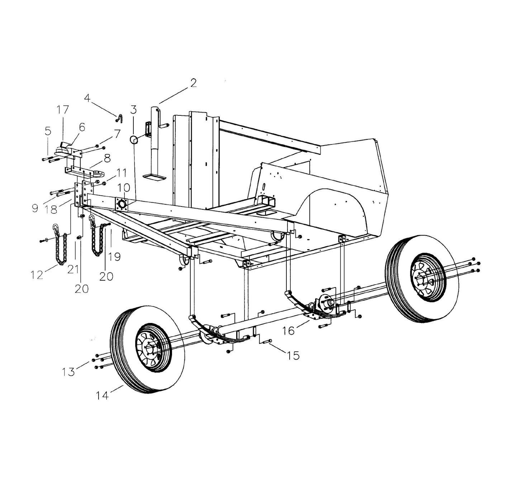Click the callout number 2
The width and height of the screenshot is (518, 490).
(x=193, y=83)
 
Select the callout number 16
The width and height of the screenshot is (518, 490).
(x=289, y=330)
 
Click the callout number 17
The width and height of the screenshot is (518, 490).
(x=63, y=109)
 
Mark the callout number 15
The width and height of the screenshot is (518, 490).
(x=293, y=355)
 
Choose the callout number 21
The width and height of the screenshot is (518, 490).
(x=73, y=269)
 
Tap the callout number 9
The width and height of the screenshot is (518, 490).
(x=35, y=208)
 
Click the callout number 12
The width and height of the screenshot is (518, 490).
(x=37, y=275)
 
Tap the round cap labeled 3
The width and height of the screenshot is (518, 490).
(x=134, y=140)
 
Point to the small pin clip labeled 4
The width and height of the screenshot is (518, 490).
(x=120, y=117)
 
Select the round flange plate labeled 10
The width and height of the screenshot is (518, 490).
(x=122, y=204)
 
